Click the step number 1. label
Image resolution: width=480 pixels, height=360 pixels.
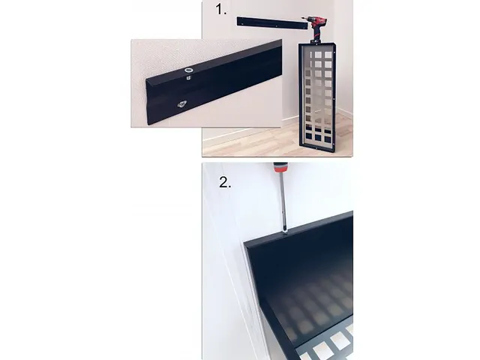pyautogui.click(x=221, y=10)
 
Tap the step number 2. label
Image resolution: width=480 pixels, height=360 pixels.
pyautogui.click(x=225, y=182)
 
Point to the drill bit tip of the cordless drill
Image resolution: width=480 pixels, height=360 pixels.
pyautogui.click(x=302, y=19)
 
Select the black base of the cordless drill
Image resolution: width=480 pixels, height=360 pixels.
pyautogui.click(x=316, y=40)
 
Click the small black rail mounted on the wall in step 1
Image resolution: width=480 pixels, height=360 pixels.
pyautogui.click(x=271, y=23)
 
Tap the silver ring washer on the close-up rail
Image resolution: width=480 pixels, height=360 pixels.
pyautogui.click(x=187, y=70)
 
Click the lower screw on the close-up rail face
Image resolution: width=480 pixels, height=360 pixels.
pyautogui.click(x=182, y=104)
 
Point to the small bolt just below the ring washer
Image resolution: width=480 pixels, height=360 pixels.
pyautogui.click(x=188, y=78)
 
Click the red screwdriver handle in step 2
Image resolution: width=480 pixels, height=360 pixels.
pyautogui.click(x=280, y=167)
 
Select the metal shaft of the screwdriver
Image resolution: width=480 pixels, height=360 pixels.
pyautogui.click(x=283, y=201)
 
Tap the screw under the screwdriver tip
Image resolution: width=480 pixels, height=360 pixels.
pyautogui.click(x=286, y=232)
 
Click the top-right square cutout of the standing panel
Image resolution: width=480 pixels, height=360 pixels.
pyautogui.click(x=328, y=55)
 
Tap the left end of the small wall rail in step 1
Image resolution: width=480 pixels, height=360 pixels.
pyautogui.click(x=238, y=21)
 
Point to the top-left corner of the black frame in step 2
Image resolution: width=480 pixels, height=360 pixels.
pyautogui.click(x=244, y=243)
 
